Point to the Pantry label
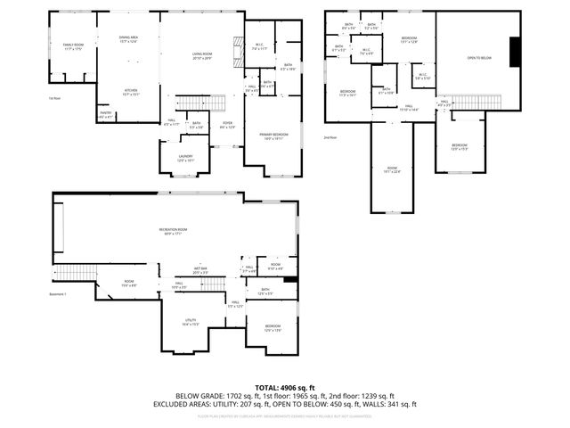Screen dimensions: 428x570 106,114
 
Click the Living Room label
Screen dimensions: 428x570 202,56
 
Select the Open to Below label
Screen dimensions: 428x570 479,57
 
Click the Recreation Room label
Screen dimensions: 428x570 173,231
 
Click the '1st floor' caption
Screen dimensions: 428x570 55,98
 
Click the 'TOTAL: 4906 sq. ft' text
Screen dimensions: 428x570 284,386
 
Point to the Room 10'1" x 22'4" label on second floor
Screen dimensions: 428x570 392,170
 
